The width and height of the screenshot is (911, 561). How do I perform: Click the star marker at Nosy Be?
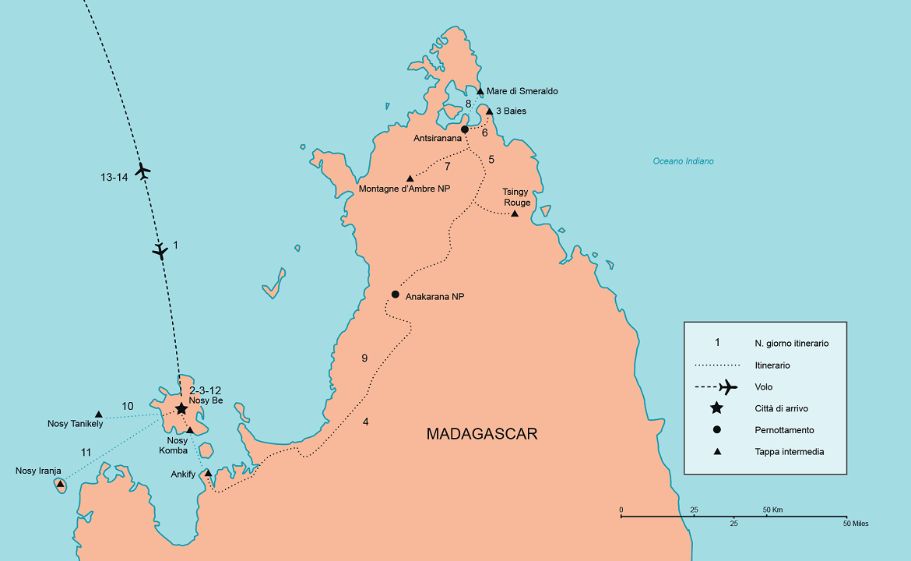181,408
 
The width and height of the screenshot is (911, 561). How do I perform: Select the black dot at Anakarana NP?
396,295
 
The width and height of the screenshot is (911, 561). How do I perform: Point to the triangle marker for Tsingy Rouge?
514,213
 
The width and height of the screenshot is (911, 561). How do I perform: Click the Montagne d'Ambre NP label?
404,189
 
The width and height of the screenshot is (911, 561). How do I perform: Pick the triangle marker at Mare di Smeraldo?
480,92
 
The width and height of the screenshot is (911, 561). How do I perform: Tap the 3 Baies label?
511,111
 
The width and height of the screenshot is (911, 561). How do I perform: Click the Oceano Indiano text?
683,161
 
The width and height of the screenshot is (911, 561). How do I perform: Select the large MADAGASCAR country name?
482,434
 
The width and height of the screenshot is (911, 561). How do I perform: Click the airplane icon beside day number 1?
160,250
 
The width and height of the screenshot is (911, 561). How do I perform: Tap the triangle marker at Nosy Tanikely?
99,415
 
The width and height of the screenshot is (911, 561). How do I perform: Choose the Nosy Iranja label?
37,471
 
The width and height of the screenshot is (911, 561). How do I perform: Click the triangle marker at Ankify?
208,472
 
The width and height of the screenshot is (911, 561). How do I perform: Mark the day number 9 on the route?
364,358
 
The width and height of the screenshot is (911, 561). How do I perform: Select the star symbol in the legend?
716,408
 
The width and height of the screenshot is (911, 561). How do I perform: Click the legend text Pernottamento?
784,430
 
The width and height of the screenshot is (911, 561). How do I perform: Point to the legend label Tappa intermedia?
789,451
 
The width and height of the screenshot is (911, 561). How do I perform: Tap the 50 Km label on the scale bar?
772,510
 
